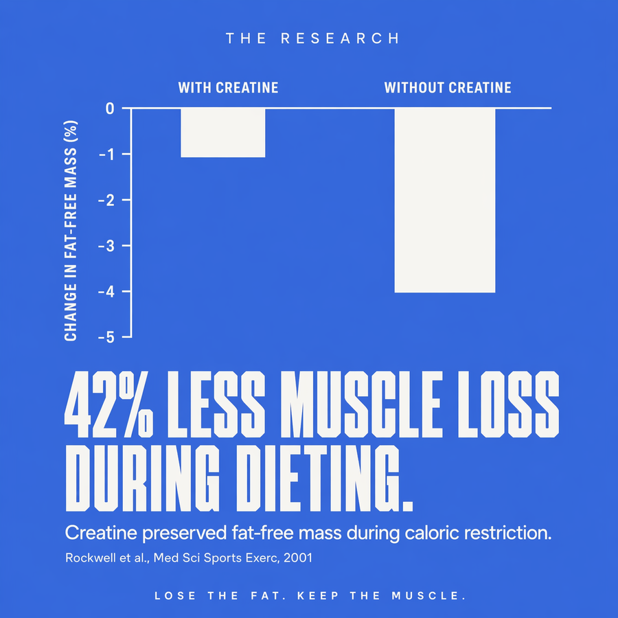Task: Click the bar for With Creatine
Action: click(x=223, y=133)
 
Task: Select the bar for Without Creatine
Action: click(x=445, y=201)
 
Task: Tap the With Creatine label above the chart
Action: click(x=228, y=87)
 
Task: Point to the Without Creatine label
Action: click(x=448, y=87)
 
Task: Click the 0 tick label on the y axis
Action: click(x=110, y=108)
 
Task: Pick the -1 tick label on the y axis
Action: click(x=106, y=154)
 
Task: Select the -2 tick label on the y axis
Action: click(x=106, y=201)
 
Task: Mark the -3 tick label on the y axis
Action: click(x=106, y=246)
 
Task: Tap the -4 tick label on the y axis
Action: click(x=106, y=292)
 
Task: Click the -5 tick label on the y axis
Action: click(x=106, y=337)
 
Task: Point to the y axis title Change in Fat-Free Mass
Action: click(x=71, y=231)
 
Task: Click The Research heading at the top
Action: click(x=312, y=38)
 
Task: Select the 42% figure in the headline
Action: click(x=108, y=404)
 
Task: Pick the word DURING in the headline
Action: click(x=142, y=479)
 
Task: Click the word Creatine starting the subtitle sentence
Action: click(x=102, y=533)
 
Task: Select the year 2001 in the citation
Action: click(x=298, y=558)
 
